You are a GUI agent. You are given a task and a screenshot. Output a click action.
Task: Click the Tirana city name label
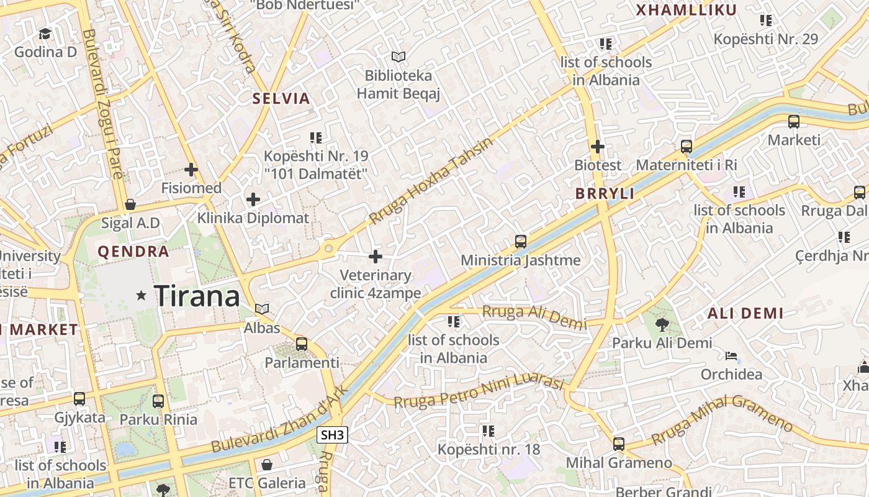coord(197,296)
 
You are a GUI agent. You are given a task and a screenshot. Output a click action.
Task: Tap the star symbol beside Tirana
coord(142,296)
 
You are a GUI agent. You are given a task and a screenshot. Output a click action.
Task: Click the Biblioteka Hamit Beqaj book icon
coord(398,57)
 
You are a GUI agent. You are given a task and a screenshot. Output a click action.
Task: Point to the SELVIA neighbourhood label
coord(281,98)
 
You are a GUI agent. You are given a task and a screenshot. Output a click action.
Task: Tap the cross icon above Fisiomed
coord(191,169)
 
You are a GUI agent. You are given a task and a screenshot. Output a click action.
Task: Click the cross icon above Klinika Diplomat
coord(253,199)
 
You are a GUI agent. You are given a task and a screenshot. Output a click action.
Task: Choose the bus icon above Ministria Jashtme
coord(521,241)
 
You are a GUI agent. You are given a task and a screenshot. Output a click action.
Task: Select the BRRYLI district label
coord(605,194)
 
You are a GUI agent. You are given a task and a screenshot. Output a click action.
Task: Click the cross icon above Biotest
coord(598,147)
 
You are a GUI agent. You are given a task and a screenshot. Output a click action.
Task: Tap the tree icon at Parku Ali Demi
coord(662,324)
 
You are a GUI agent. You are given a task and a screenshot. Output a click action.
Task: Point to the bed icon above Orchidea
coord(732,357)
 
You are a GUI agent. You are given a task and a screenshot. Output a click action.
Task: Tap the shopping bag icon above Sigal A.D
coord(130,204)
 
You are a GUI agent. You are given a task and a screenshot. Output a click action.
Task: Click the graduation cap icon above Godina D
coord(45,33)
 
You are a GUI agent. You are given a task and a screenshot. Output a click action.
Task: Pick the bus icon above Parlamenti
coord(302,344)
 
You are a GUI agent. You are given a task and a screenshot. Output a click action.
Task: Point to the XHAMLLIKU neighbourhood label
coord(686,10)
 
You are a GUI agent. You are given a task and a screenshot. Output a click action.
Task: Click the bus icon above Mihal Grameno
coord(618,444)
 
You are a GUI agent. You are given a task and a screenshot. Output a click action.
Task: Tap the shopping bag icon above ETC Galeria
coord(267,464)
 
